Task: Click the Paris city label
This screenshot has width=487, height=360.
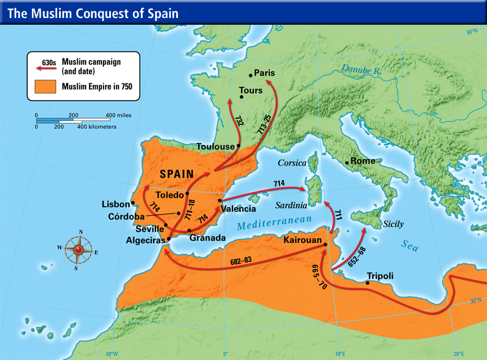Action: pyautogui.click(x=264, y=73)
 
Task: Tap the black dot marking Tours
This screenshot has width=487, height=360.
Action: pyautogui.click(x=242, y=97)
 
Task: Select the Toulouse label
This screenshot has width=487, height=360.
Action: pyautogui.click(x=215, y=146)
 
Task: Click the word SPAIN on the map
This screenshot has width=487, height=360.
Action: pyautogui.click(x=177, y=174)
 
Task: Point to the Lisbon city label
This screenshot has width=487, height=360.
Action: pyautogui.click(x=115, y=204)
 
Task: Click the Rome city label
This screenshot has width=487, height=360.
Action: pyautogui.click(x=363, y=161)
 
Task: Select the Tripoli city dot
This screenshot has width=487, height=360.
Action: pyautogui.click(x=368, y=283)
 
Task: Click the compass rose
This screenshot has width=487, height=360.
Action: pyautogui.click(x=78, y=250)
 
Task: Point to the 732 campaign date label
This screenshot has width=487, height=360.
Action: pyautogui.click(x=240, y=121)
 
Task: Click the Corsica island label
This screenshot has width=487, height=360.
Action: pyautogui.click(x=292, y=163)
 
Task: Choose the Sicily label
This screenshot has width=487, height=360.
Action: pyautogui.click(x=393, y=224)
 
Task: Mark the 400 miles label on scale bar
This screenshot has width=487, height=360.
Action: pyautogui.click(x=118, y=115)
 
